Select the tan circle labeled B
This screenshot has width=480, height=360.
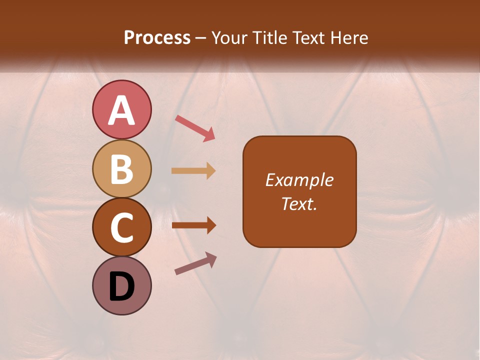pos(121,168)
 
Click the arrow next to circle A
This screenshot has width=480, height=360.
pos(195,127)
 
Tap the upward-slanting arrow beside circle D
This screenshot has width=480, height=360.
pos(195,263)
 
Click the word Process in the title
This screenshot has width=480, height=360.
pos(157,37)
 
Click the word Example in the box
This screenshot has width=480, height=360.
pos(299,180)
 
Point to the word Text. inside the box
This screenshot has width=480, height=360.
pos(299,203)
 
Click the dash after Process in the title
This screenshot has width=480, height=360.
pos(201,38)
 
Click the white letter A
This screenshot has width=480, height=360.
pos(121,110)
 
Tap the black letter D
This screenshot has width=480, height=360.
pos(121,287)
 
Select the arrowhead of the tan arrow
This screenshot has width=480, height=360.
pos(210,171)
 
